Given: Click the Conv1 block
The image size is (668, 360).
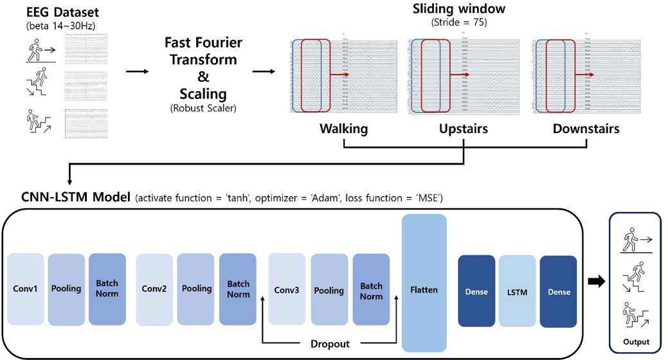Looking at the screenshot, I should click(26, 289).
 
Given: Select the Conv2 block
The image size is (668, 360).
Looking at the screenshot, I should click(154, 289).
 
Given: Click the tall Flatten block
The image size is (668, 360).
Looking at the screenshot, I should click(424, 283).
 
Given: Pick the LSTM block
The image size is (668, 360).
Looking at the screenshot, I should click(517, 292).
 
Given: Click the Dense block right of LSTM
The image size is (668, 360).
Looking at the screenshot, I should click(558, 292).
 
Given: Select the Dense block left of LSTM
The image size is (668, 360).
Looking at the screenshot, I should click(476, 292).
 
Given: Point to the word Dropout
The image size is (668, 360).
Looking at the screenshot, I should click(330, 344).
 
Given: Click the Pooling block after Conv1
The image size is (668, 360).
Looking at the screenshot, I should click(66, 289).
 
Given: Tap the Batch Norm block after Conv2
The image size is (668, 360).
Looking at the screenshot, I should click(239, 289).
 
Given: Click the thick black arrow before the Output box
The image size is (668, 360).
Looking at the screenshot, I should click(596, 282).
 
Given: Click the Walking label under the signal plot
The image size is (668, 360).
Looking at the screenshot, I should click(344, 129).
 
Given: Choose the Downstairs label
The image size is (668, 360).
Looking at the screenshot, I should click(586, 129).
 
